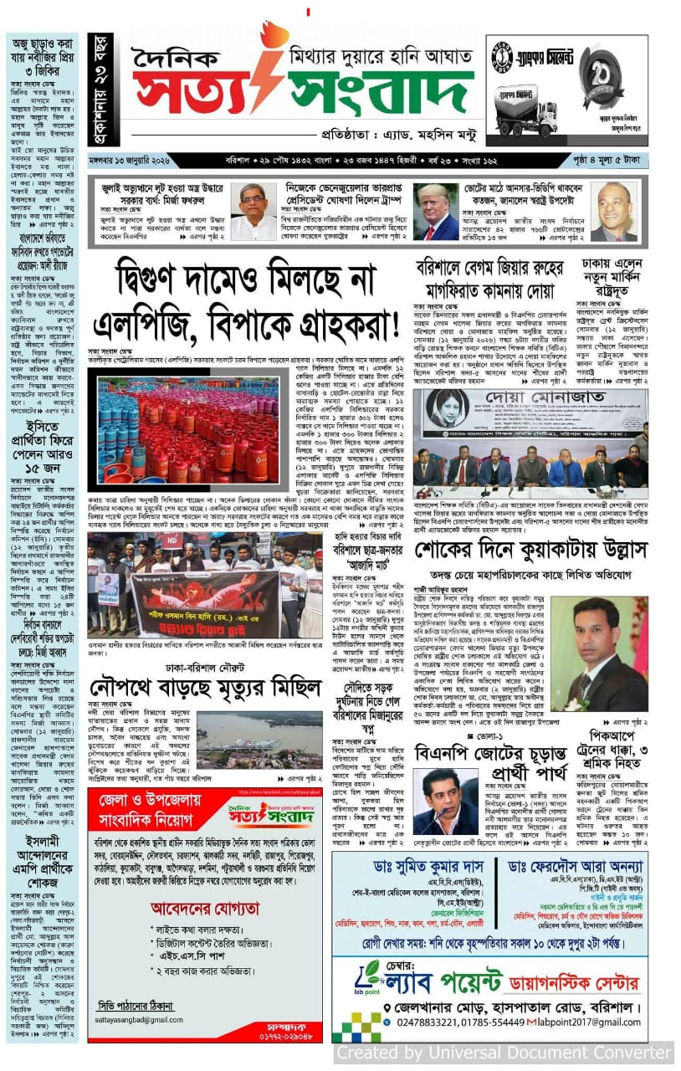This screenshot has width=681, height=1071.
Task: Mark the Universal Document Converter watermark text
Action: pos(504,1053)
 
